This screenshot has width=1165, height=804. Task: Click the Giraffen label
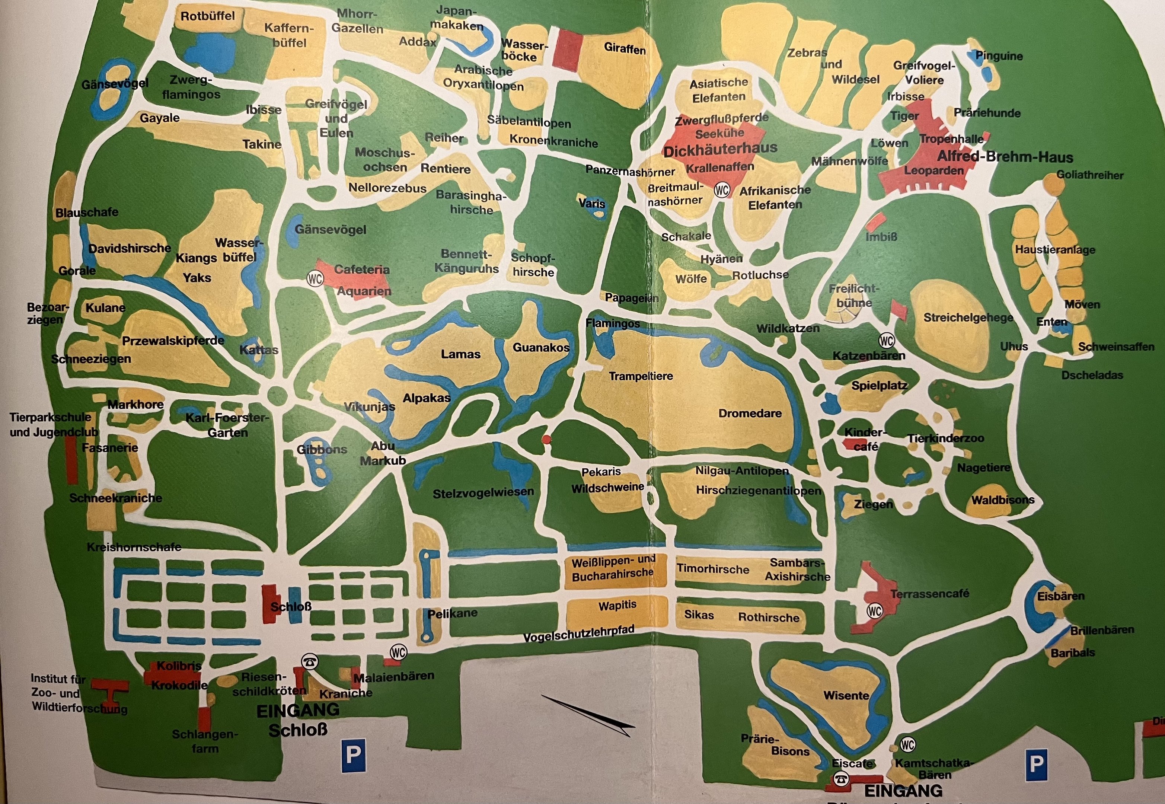coord(625,49)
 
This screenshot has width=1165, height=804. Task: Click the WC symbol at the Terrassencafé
coord(874,611)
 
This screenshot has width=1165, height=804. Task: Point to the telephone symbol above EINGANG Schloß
coord(309,661)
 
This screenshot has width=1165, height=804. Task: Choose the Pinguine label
coord(999,56)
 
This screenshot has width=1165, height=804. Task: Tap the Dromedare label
coord(750,414)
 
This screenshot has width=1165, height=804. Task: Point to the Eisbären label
coord(1061,596)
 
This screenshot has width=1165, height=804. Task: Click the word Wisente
coord(846,696)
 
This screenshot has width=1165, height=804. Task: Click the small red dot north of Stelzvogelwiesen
coord(546,440)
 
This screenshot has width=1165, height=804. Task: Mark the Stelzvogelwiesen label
coord(483,492)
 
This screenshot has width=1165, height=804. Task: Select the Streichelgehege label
coord(968,318)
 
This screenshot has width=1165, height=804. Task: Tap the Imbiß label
coord(881,237)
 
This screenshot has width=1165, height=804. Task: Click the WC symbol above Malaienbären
coord(398,653)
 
